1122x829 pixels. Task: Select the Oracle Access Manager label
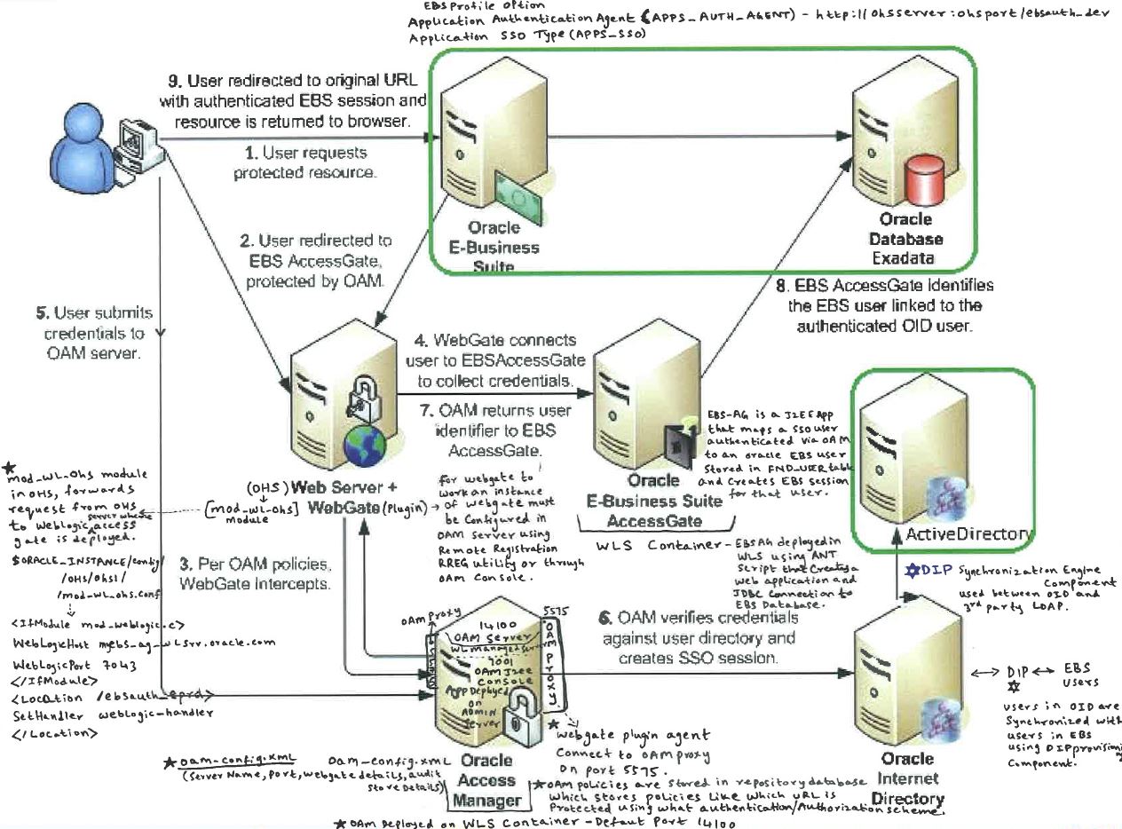pyautogui.click(x=486, y=781)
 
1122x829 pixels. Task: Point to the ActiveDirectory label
pyautogui.click(x=968, y=533)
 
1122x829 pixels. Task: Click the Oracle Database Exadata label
pyautogui.click(x=905, y=239)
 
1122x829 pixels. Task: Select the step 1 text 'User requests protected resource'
pyautogui.click(x=304, y=163)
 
